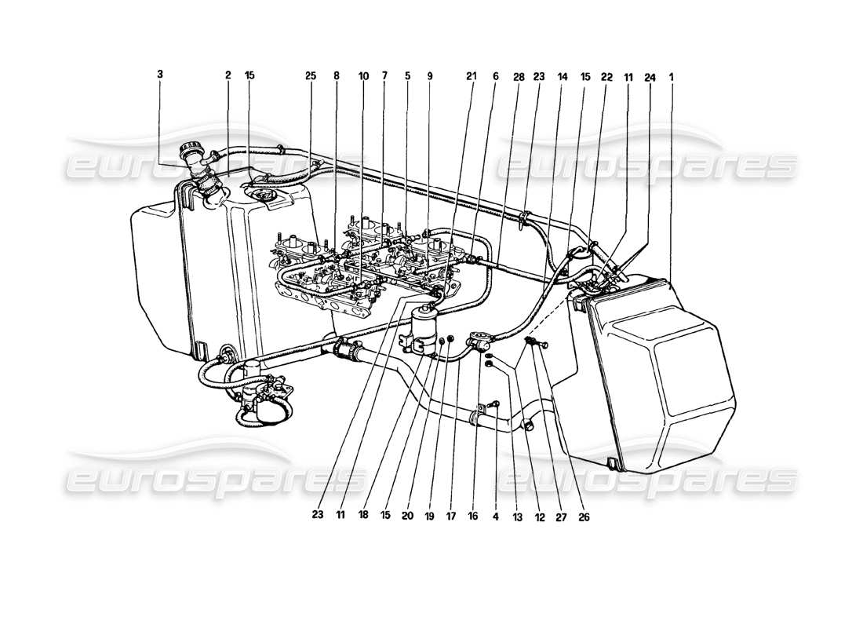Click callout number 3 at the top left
point(160,75)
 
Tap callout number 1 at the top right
point(672,76)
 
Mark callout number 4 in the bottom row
point(495,517)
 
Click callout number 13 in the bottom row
point(516,517)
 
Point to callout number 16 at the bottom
point(473,517)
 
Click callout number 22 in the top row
point(607,76)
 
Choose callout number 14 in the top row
point(562,76)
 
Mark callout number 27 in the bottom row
point(559,517)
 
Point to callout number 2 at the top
point(228,75)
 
